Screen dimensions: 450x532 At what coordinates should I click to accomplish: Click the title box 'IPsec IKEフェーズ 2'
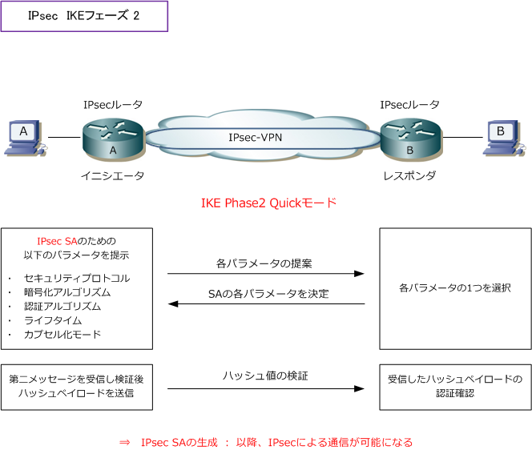coord(84,16)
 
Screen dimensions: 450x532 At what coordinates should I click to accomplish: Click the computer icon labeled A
coord(24,137)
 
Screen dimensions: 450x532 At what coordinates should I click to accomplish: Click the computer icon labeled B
coord(502,137)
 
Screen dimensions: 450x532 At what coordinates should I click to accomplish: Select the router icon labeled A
coord(112,139)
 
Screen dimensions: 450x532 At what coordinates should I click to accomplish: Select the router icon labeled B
coord(409,139)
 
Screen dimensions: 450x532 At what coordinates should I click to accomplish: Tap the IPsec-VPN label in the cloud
coord(255,137)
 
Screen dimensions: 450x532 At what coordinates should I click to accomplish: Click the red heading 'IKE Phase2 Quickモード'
coord(268,203)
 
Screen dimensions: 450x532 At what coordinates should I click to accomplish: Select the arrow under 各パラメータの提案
coord(266,274)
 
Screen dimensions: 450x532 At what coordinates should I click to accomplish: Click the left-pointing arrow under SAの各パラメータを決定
coord(266,304)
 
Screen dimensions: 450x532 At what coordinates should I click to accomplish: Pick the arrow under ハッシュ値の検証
coord(266,389)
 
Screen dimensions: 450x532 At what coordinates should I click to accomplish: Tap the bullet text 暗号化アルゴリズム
coord(67,292)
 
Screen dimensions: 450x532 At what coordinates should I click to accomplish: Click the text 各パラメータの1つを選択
coord(454,287)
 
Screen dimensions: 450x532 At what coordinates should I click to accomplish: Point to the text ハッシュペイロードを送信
coord(76,393)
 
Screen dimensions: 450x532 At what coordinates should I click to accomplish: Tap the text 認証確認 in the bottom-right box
coord(454,393)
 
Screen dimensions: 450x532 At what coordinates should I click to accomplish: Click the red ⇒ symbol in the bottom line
coord(123,441)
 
